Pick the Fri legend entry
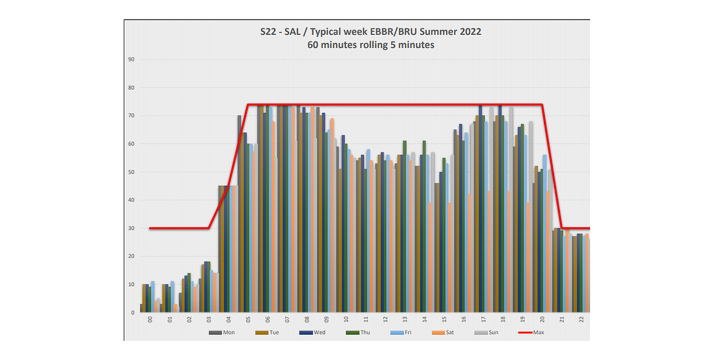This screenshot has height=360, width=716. tap(406, 332)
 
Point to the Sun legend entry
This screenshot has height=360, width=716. tap(494, 332)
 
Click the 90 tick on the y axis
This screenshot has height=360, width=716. tap(132, 60)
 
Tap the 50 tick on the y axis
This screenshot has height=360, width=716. tap(132, 172)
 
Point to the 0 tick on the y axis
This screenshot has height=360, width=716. tap(134, 313)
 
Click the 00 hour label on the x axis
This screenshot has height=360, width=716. tap(150, 320)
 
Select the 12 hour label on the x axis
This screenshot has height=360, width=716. tap(385, 320)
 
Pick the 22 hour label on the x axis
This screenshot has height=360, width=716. tap(582, 320)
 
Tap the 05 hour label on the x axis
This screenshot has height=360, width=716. tap(248, 320)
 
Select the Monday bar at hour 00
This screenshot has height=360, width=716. tap(141, 308)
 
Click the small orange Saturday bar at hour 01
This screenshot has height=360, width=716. tap(176, 308)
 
